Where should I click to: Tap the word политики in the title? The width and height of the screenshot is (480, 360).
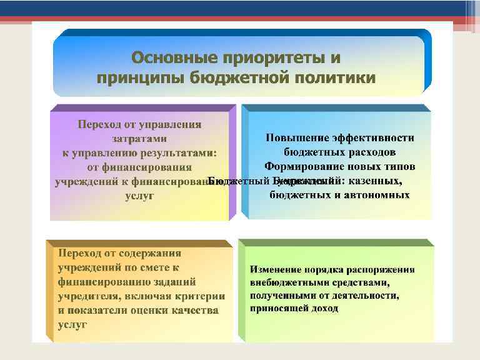pyautogui.click(x=337, y=77)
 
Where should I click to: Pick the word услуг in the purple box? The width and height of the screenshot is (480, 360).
pyautogui.click(x=139, y=197)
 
